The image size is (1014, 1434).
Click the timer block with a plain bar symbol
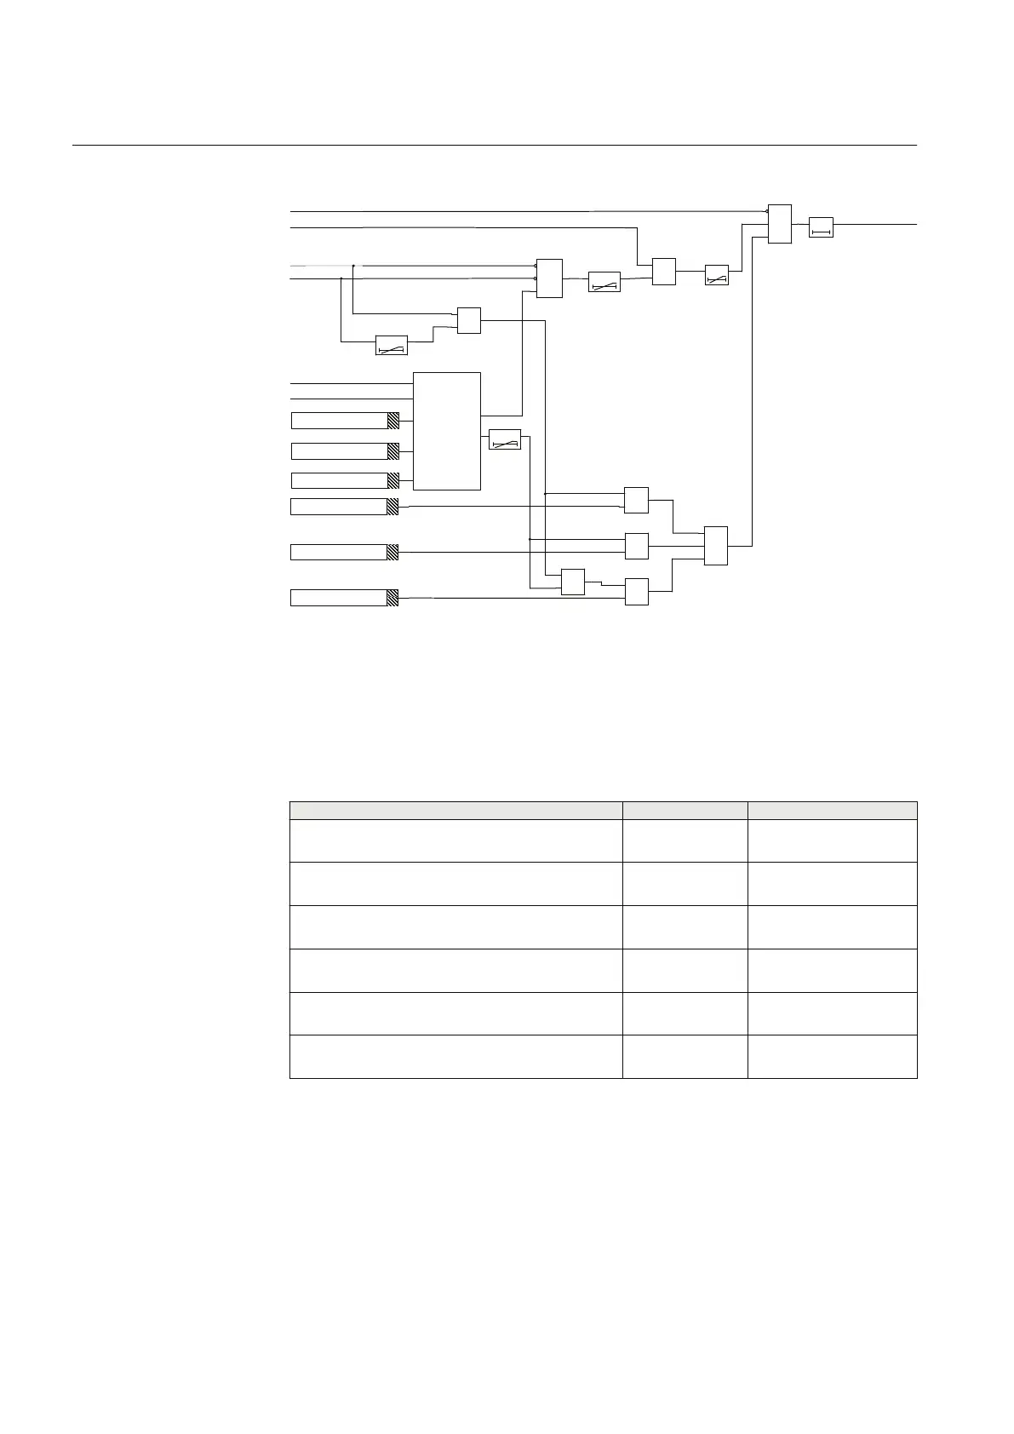pos(820,227)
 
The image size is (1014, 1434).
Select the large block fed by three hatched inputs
pos(447,431)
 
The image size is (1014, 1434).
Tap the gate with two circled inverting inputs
pos(549,278)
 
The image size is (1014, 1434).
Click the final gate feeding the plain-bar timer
pos(779,224)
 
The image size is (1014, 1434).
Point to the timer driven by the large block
pos(505,439)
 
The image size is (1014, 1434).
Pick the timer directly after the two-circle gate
pos(604,282)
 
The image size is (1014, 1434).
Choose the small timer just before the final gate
pos(717,275)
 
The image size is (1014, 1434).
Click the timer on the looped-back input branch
pos(392,346)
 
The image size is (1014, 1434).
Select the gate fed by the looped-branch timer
pos(469,320)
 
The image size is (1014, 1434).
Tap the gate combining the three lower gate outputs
pos(716,546)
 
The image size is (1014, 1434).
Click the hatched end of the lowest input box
pos(392,598)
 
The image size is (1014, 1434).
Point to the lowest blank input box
pos(339,598)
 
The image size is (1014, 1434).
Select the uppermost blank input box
pos(339,420)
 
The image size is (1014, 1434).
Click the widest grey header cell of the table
pos(455,810)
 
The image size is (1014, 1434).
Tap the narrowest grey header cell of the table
pos(685,810)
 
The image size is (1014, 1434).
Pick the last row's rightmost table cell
pos(832,1057)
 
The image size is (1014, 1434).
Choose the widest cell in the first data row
pos(455,840)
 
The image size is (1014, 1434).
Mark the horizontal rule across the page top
pos(494,146)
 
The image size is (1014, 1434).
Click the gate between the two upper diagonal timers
pos(663,272)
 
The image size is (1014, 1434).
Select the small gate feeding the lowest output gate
pos(573,582)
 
